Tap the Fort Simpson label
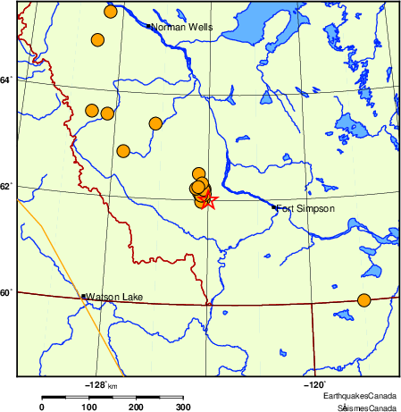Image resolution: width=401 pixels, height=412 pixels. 305,209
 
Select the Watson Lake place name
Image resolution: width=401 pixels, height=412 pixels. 116,297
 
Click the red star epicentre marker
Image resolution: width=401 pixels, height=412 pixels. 207,199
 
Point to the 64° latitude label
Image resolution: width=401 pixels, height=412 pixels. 6,80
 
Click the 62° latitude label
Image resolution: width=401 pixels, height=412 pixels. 6,186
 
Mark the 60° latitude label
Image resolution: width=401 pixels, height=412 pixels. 6,292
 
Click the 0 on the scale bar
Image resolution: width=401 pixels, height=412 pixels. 41,408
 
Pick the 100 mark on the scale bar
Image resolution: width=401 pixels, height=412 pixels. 89,408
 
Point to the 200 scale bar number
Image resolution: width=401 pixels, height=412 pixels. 137,408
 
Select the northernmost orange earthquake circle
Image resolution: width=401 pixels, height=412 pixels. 111,12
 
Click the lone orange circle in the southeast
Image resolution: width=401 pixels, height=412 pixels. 363,300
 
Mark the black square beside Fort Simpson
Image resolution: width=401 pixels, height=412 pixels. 274,207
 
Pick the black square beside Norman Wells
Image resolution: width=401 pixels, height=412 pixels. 148,26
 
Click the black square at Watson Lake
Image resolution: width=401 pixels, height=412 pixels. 83,296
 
